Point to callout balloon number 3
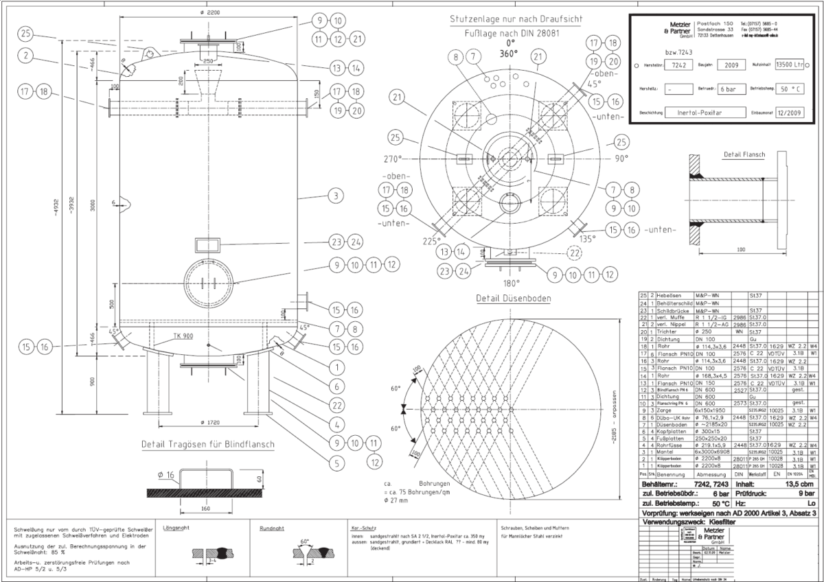pyautogui.click(x=334, y=196)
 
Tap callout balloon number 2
pyautogui.click(x=26, y=54)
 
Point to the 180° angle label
pyautogui.click(x=510, y=283)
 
